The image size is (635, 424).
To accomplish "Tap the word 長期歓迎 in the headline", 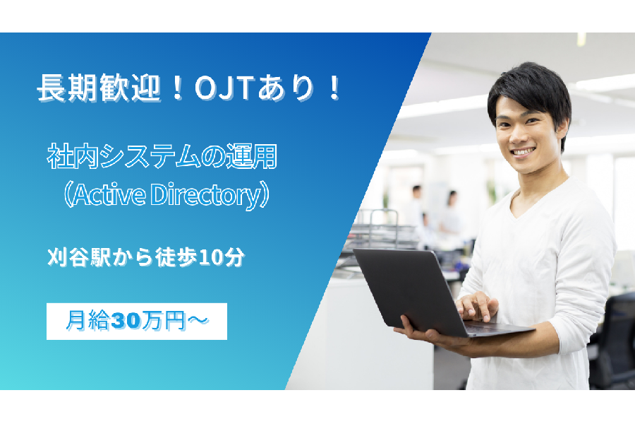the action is coord(98,88).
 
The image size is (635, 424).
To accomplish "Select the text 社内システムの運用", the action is coord(162,157).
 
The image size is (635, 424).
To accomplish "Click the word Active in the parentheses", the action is coord(109,195).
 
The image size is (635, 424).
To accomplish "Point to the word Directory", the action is coord(207,196).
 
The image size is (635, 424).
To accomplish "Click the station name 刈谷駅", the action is coord(78,257).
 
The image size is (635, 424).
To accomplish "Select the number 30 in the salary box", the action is coord(126,321).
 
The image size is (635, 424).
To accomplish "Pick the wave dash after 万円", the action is coord(198,321).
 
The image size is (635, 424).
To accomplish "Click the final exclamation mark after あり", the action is coord(334,88).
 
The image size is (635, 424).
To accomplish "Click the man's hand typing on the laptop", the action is coord(477,305).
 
